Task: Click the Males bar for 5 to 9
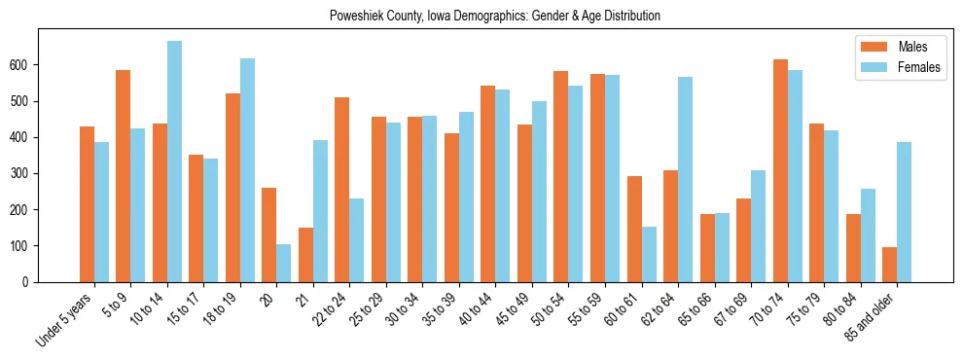124,176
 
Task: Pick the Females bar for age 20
284,264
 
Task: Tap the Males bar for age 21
305,255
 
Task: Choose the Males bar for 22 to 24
342,190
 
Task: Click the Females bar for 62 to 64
686,180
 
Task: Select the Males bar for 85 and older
890,265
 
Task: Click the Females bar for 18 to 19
247,170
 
